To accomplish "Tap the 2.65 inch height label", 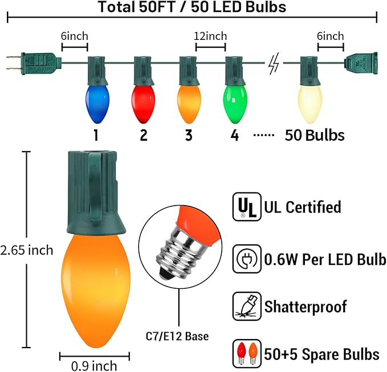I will [x=27, y=250].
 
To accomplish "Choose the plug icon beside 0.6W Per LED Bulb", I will [x=243, y=260].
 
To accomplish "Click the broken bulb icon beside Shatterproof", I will [x=243, y=306].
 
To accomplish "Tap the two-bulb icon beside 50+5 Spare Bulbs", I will [x=243, y=353].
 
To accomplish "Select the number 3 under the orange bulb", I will [x=189, y=135].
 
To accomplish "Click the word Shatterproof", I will [x=305, y=306].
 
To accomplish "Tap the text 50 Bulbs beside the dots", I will [x=315, y=135].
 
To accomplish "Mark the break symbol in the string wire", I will [x=274, y=64].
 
